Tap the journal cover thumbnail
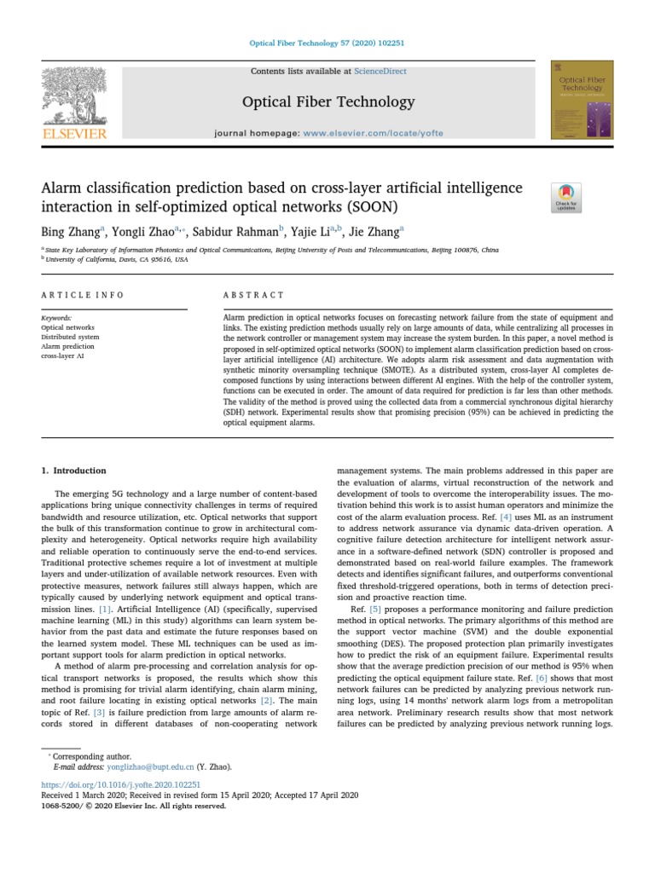[583, 100]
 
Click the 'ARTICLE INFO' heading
[83, 295]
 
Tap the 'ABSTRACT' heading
[253, 295]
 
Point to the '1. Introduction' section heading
[74, 471]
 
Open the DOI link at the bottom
[120, 783]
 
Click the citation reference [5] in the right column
[375, 610]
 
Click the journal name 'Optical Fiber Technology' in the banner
[328, 102]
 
